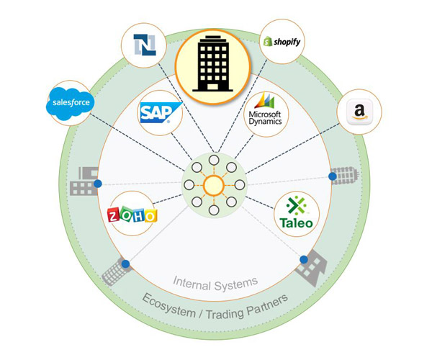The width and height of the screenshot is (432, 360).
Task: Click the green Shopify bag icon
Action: [x=266, y=43]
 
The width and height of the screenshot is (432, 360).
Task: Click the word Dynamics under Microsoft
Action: [x=266, y=123]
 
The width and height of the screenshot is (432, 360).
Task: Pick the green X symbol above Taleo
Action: [x=297, y=206]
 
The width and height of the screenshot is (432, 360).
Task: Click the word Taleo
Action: [x=297, y=222]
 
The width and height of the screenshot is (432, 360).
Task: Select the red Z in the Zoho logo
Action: [x=114, y=215]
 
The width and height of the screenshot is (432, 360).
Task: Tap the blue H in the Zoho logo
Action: [x=140, y=215]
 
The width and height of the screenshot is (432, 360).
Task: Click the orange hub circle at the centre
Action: [x=215, y=186]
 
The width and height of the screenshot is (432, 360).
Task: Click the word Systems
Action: [x=236, y=283]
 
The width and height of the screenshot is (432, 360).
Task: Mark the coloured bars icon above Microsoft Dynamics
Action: [x=266, y=101]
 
